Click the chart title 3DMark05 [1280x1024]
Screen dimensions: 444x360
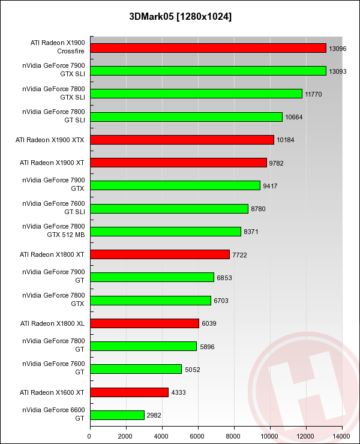pos(180,16)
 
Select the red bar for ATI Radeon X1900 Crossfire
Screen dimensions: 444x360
pos(208,48)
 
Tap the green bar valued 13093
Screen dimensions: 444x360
pos(208,71)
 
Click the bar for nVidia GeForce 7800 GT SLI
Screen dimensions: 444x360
pos(186,117)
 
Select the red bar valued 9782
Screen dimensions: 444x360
pos(178,163)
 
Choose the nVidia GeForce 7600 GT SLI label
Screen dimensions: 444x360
pos(54,208)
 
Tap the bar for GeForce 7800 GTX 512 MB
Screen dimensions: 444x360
pos(165,232)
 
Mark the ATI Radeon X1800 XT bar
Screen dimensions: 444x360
pos(160,254)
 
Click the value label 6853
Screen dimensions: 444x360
pos(224,278)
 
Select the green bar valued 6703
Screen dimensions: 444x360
pos(150,301)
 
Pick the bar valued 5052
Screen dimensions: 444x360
pos(136,369)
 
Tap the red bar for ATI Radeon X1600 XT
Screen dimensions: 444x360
pos(129,392)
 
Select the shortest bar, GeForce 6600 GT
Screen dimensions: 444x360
pos(117,415)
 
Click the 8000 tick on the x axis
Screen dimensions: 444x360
pos(234,435)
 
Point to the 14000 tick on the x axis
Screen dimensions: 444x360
pos(342,435)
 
